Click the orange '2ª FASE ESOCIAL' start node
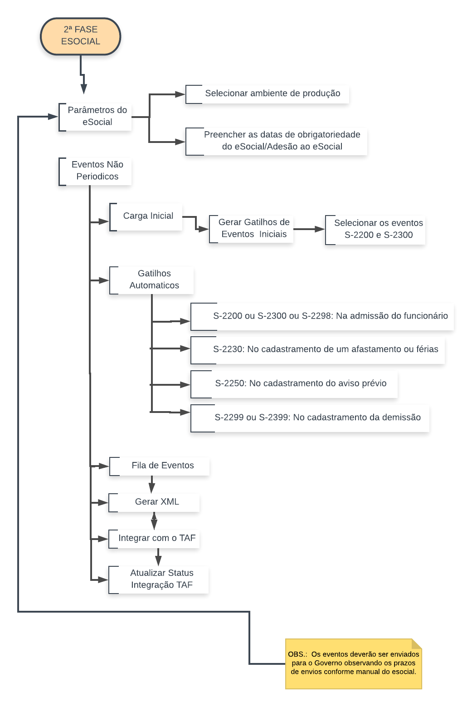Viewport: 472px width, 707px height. click(x=81, y=36)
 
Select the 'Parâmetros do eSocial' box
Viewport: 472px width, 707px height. click(x=96, y=117)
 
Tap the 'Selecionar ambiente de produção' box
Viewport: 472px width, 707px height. click(x=268, y=94)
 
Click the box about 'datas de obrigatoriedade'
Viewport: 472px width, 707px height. click(x=277, y=141)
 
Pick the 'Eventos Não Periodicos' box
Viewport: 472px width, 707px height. click(x=96, y=171)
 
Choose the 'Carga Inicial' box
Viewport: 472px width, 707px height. click(x=146, y=216)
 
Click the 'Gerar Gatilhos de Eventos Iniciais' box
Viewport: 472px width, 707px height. click(x=252, y=229)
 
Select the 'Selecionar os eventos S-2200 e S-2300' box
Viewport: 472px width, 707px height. click(x=375, y=230)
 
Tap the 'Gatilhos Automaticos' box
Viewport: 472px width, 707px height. click(x=152, y=280)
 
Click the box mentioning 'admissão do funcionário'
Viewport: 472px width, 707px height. click(x=322, y=316)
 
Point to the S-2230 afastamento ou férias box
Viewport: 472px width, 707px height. click(x=318, y=349)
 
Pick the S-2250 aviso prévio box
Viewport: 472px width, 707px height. click(x=294, y=384)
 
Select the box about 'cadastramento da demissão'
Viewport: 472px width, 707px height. click(x=310, y=418)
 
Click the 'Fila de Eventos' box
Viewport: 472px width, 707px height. click(x=160, y=466)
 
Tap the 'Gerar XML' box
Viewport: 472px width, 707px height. click(x=154, y=502)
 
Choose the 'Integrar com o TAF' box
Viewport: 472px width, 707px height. click(x=154, y=539)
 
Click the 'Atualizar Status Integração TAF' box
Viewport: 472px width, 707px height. click(x=159, y=579)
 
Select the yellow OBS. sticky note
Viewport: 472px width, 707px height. click(x=354, y=663)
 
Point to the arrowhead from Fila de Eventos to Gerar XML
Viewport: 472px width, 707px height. click(x=152, y=488)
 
